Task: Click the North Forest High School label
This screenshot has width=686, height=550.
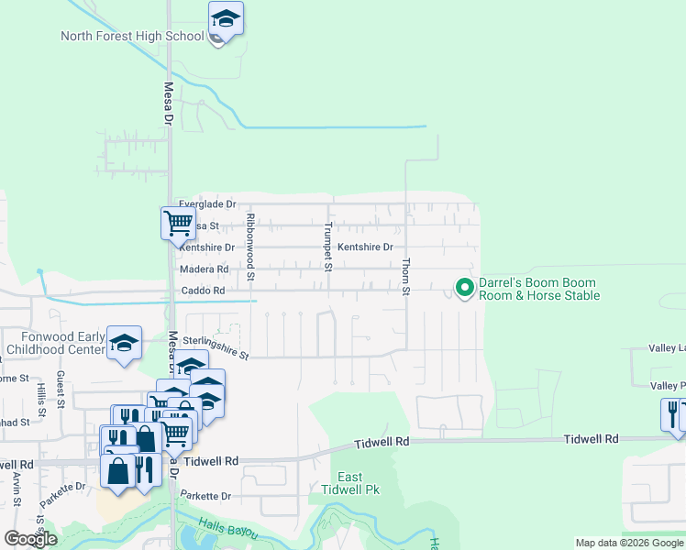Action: tap(132, 37)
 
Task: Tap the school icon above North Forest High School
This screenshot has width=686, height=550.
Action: tap(226, 18)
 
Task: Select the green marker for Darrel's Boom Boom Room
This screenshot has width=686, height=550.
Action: tap(465, 289)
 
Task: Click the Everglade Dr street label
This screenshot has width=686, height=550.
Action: tap(207, 203)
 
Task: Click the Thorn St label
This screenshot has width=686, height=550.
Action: tap(405, 275)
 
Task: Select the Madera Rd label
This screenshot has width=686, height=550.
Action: tap(204, 269)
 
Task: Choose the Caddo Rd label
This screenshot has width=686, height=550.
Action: tap(202, 291)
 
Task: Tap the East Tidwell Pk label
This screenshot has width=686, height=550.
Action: tap(350, 483)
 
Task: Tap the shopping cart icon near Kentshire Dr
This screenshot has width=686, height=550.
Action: tap(177, 223)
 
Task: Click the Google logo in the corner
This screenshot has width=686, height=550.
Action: tap(30, 539)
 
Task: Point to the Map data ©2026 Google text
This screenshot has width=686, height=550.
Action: tap(629, 543)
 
